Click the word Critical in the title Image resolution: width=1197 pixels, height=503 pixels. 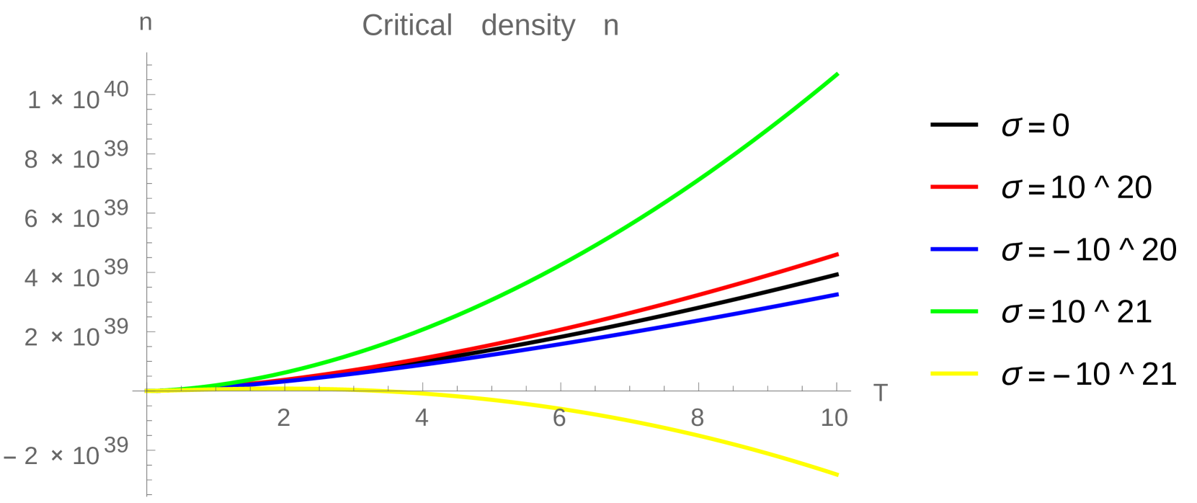407,26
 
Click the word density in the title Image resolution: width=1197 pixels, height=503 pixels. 528,27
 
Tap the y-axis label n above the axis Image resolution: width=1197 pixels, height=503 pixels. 146,22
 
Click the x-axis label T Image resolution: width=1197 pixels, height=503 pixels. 880,393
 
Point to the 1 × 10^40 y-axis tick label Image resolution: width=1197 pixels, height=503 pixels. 78,97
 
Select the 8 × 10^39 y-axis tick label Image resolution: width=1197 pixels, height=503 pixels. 76,156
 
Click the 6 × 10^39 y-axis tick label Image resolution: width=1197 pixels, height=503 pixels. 76,215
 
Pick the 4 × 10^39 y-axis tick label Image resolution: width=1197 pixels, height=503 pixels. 76,275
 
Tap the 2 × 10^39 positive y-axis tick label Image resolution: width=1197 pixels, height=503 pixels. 76,334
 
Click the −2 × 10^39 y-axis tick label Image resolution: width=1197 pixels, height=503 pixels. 66,453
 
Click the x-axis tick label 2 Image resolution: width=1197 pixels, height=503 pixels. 284,418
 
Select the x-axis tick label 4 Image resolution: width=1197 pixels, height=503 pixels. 422,418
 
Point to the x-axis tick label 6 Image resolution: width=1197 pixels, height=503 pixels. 559,418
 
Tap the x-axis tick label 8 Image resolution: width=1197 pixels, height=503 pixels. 697,418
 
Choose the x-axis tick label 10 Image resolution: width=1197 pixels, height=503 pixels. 835,418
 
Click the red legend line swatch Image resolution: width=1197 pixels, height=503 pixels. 954,187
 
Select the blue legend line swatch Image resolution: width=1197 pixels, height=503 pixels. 954,249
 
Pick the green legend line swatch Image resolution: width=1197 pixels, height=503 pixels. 954,311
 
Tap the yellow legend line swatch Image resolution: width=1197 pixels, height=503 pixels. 954,374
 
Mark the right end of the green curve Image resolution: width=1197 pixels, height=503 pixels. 837,74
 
